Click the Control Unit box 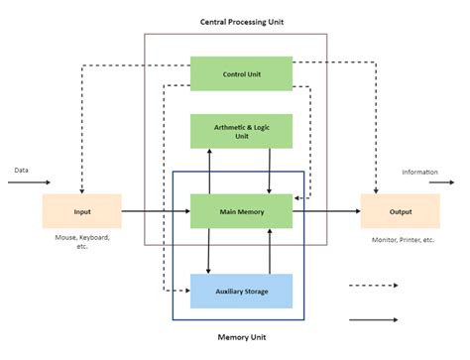(x=241, y=73)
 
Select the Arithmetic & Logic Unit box (x=241, y=130)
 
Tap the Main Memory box (x=241, y=211)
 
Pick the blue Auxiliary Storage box (x=241, y=291)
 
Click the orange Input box (x=81, y=211)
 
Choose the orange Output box (x=400, y=211)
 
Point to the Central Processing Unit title (x=235, y=20)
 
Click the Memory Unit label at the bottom (x=238, y=337)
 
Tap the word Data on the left (x=21, y=170)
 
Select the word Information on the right (x=419, y=172)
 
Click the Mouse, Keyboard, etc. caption (x=81, y=242)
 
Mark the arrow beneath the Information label (x=429, y=182)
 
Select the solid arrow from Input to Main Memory (x=156, y=211)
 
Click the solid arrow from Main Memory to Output (x=326, y=211)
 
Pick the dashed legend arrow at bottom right (x=374, y=286)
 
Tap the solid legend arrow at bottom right (x=374, y=319)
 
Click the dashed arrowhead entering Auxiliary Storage (x=184, y=291)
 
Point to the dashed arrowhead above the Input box (x=81, y=189)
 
